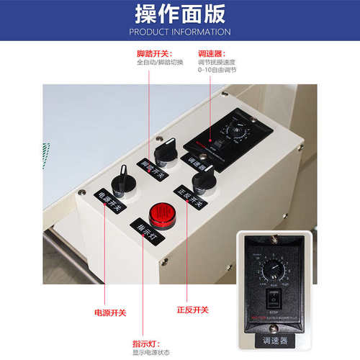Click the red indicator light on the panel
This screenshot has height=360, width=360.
[159, 214]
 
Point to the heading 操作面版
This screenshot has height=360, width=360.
[179, 14]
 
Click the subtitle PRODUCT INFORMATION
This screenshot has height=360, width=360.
[179, 32]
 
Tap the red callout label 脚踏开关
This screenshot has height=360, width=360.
[152, 53]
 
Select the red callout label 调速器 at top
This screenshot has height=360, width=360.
[211, 53]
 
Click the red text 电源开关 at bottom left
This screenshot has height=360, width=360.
[110, 312]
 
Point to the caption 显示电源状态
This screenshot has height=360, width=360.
[150, 353]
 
